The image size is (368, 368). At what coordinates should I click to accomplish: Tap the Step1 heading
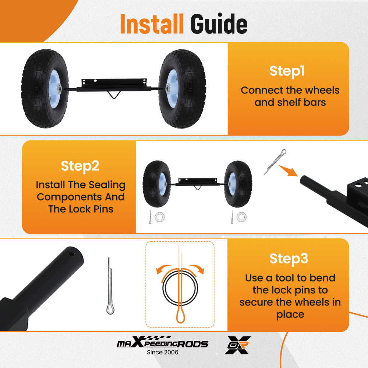(287, 71)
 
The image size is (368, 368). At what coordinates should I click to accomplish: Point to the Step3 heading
(289, 258)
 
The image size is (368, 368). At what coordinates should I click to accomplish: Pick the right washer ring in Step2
(242, 217)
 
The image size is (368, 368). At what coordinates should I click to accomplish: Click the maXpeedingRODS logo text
(162, 344)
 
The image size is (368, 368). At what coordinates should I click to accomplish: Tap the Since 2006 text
(162, 353)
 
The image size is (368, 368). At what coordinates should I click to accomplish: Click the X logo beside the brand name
(238, 345)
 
